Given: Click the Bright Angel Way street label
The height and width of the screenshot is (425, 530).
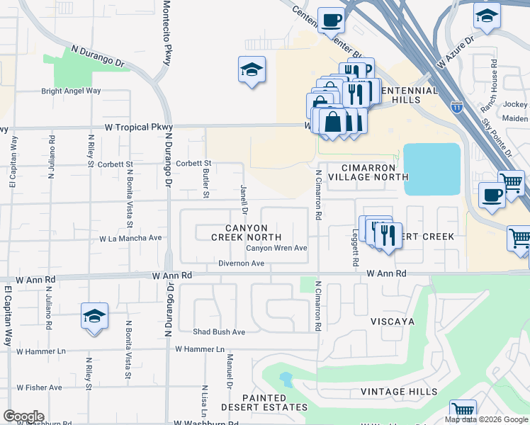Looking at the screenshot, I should click(71, 91).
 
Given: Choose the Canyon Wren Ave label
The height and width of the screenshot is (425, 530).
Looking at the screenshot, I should click(276, 249).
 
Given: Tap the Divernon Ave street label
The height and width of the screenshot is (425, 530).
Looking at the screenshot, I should click(240, 263).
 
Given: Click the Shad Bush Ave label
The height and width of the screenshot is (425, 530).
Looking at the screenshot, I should click(219, 331).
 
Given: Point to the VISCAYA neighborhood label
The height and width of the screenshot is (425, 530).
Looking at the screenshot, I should click(391, 321).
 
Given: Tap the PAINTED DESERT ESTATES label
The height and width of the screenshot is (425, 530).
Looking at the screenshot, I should click(264, 403).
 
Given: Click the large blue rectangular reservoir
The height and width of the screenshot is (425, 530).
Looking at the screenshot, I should click(432, 169).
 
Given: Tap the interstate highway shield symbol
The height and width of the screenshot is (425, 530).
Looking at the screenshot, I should click(457, 108).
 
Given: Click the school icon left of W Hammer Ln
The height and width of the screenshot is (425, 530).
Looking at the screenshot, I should click(94, 316).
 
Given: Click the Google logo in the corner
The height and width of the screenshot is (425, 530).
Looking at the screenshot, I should click(23, 416).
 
